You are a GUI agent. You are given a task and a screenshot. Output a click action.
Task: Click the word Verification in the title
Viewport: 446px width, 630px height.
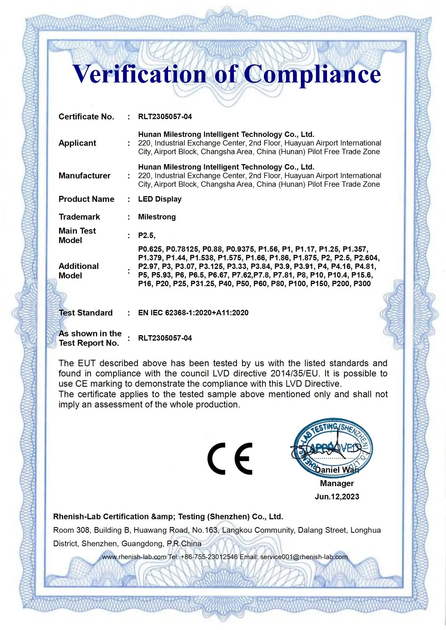point(139,74)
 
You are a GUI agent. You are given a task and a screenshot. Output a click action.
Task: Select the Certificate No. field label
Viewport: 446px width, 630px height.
point(86,116)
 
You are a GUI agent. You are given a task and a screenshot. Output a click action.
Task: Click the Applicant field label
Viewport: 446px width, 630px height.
point(77,143)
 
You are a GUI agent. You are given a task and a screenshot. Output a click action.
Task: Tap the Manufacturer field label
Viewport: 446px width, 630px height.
point(84,175)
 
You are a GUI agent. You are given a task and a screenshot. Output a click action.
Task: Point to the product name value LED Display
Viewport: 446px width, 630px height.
point(160,199)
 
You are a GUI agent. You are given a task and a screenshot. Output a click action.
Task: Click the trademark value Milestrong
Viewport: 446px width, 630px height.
point(157,217)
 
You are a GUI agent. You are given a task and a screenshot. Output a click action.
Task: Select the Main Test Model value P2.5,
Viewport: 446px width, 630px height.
point(147,236)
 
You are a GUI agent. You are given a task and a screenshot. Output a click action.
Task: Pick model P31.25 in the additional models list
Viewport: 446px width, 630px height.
point(203,284)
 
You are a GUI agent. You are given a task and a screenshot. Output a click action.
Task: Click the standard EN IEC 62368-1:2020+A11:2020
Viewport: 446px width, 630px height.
point(193,313)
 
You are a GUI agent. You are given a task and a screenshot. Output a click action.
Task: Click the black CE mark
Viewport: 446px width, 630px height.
point(230,459)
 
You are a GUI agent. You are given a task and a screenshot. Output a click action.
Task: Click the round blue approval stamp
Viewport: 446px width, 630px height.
point(333,448)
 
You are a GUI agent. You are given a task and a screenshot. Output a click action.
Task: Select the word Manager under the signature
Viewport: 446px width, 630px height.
point(337,483)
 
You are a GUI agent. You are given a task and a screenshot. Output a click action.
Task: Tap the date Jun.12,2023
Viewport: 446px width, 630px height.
point(337,497)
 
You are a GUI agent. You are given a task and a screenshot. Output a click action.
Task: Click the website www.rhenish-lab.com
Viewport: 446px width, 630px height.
point(134,557)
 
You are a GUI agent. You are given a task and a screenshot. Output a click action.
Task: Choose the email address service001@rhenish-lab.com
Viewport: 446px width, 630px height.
point(304,557)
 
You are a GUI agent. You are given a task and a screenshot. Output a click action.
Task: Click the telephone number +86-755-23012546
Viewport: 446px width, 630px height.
point(209,557)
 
